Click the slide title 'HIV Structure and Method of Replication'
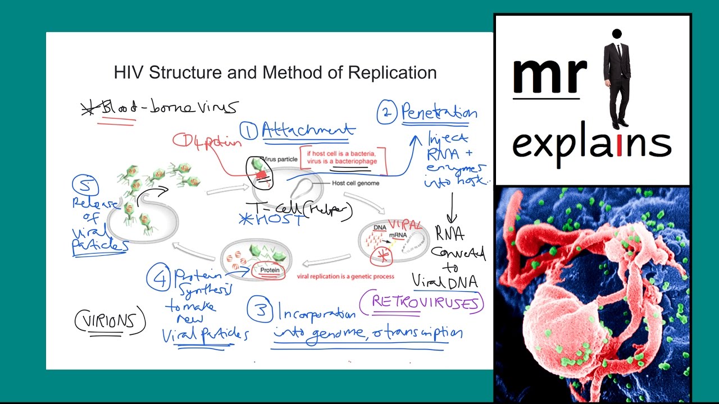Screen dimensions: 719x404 click(x=275, y=73)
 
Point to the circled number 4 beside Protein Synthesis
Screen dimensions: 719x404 click(x=159, y=279)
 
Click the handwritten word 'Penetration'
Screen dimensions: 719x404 click(x=439, y=113)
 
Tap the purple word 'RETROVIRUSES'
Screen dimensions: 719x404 click(x=427, y=304)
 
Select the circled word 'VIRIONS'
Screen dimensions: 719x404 click(x=110, y=322)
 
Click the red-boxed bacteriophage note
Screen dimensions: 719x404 click(x=346, y=158)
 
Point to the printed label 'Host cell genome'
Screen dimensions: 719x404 click(x=356, y=183)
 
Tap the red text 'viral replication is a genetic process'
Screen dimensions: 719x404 click(x=345, y=276)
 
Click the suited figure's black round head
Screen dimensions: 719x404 click(x=617, y=34)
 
